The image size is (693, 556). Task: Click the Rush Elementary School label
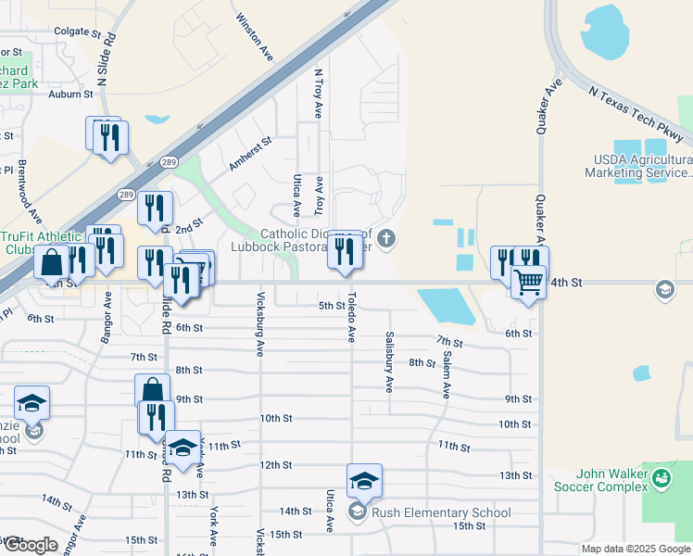click(440, 512)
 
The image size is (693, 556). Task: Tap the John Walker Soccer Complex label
click(599, 479)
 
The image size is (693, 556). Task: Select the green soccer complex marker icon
click(661, 479)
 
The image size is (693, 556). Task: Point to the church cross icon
click(386, 239)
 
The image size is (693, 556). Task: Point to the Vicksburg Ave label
click(258, 322)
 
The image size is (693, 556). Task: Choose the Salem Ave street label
click(447, 371)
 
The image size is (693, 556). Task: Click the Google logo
click(31, 545)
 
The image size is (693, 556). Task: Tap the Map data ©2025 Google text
click(635, 549)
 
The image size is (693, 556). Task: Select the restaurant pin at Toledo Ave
click(345, 250)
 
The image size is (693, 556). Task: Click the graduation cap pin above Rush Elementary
click(364, 482)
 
